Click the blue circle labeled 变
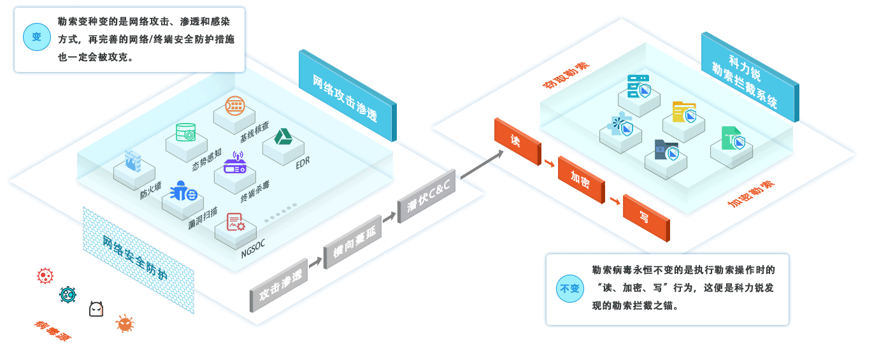[x=37, y=37]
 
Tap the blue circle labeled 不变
[x=569, y=289]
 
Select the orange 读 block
[x=517, y=141]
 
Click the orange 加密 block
[x=580, y=179]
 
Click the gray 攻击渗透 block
[x=278, y=286]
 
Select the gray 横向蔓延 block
[x=352, y=245]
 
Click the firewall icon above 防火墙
[x=133, y=161]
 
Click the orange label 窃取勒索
[x=566, y=75]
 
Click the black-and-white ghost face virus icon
[x=96, y=309]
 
